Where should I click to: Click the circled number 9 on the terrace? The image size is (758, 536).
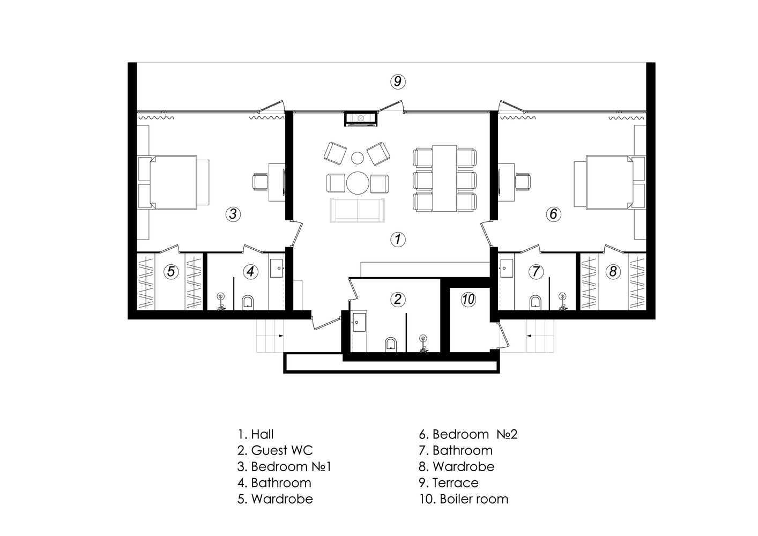click(x=398, y=81)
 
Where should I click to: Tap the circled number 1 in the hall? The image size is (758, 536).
click(x=398, y=239)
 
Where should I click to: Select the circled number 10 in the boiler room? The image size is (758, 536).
click(x=469, y=300)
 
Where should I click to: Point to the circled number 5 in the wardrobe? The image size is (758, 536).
click(x=171, y=271)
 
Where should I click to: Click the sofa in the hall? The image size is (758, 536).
click(x=358, y=210)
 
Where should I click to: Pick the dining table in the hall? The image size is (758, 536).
click(x=444, y=178)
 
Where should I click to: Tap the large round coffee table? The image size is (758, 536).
click(x=358, y=183)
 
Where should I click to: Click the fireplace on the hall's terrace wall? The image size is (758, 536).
click(x=361, y=118)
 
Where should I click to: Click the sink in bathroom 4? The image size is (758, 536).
click(x=276, y=269)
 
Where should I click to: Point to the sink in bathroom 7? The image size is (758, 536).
click(x=507, y=269)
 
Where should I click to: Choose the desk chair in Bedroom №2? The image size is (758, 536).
click(x=523, y=182)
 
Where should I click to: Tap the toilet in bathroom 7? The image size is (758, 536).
click(x=536, y=302)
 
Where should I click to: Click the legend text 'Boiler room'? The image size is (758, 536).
click(x=474, y=499)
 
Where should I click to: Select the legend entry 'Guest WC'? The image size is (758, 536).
click(x=275, y=450)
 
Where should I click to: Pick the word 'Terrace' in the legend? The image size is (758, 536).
click(x=456, y=483)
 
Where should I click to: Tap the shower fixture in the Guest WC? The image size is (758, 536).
click(x=422, y=344)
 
